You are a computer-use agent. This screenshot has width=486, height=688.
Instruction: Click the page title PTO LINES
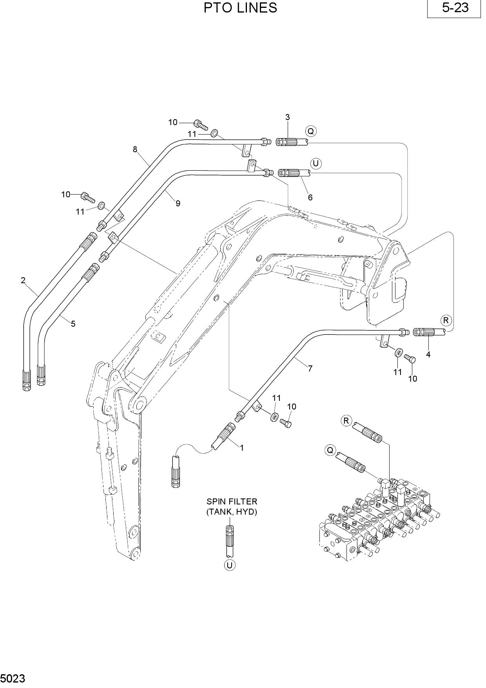pyautogui.click(x=240, y=8)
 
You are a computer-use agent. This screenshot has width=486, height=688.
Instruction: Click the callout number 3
pyautogui.click(x=287, y=117)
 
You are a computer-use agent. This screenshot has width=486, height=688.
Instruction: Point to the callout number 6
pyautogui.click(x=310, y=197)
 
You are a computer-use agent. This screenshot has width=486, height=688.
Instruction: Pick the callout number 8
pyautogui.click(x=135, y=149)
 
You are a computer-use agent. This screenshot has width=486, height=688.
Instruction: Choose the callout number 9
pyautogui.click(x=178, y=203)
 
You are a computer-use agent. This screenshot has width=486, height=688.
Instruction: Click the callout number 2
pyautogui.click(x=23, y=280)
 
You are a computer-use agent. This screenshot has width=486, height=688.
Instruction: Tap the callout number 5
pyautogui.click(x=73, y=324)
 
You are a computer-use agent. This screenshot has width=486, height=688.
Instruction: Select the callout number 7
pyautogui.click(x=310, y=368)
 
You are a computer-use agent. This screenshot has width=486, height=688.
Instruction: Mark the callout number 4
pyautogui.click(x=428, y=354)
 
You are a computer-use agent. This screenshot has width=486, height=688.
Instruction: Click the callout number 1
pyautogui.click(x=242, y=448)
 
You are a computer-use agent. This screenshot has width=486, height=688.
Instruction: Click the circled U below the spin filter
pyautogui.click(x=230, y=565)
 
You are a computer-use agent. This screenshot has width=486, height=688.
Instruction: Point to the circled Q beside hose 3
pyautogui.click(x=311, y=131)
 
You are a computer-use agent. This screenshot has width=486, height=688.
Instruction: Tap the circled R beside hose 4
pyautogui.click(x=446, y=320)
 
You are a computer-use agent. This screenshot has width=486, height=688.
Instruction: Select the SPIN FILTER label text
pyautogui.click(x=232, y=502)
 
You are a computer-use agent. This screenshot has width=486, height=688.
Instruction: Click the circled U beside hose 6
pyautogui.click(x=316, y=163)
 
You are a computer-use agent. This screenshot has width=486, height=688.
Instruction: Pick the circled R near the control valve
pyautogui.click(x=346, y=421)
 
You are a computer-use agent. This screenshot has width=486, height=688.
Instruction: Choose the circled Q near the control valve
pyautogui.click(x=330, y=450)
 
